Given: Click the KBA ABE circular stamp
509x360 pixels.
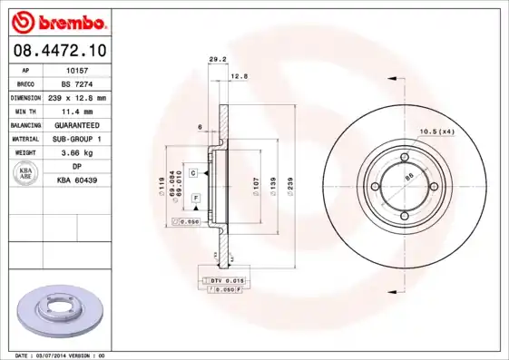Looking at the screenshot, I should [26, 174].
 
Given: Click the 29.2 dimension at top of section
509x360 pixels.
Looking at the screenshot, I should [218, 60].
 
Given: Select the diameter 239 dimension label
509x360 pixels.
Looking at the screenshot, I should [289, 187].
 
